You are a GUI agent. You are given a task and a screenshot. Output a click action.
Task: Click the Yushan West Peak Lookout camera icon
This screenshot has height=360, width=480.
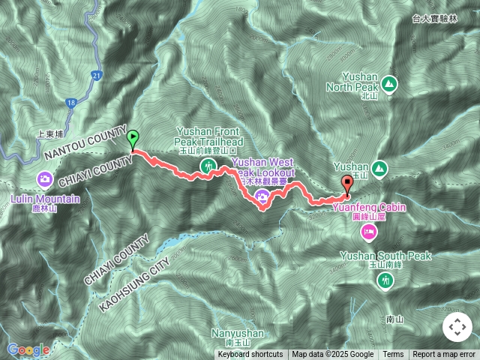(x=262, y=197)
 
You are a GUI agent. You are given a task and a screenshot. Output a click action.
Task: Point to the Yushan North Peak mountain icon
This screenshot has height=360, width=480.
(x=389, y=82)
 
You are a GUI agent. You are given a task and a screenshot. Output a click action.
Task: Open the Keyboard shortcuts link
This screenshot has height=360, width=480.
(x=250, y=355)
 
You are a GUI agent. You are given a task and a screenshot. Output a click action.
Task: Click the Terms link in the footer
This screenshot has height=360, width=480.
(x=393, y=355)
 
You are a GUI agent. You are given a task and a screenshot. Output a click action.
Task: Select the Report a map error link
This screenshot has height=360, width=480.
(x=443, y=355)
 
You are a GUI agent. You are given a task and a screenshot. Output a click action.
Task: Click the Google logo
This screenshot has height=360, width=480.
(x=28, y=349)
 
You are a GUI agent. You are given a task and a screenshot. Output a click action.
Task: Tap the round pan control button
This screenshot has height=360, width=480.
(x=457, y=327)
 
